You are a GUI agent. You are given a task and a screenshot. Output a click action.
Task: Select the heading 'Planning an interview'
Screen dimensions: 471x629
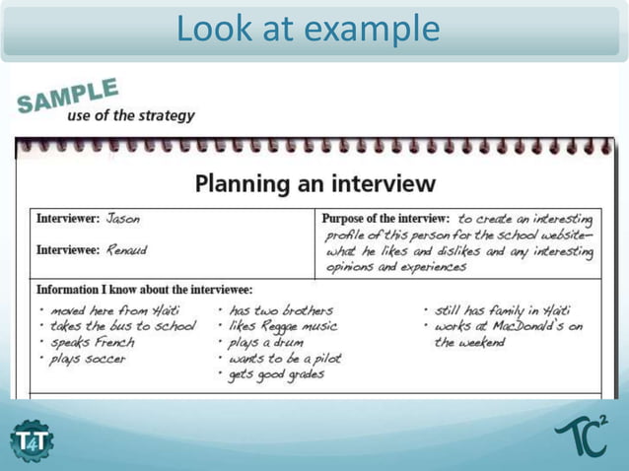tap(314, 182)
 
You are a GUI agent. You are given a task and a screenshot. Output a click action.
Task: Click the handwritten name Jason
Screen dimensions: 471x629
tap(123, 218)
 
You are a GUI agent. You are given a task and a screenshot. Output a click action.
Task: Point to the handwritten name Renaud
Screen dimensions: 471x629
tap(126, 250)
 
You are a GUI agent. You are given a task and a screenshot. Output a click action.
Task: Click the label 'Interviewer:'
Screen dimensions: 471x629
tap(68, 219)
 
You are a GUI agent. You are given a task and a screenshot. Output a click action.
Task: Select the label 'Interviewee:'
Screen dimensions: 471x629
tap(68, 250)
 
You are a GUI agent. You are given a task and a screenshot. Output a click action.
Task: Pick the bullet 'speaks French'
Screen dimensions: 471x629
tap(92, 342)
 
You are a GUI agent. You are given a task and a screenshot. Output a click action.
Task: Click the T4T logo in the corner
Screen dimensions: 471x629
tap(32, 438)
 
